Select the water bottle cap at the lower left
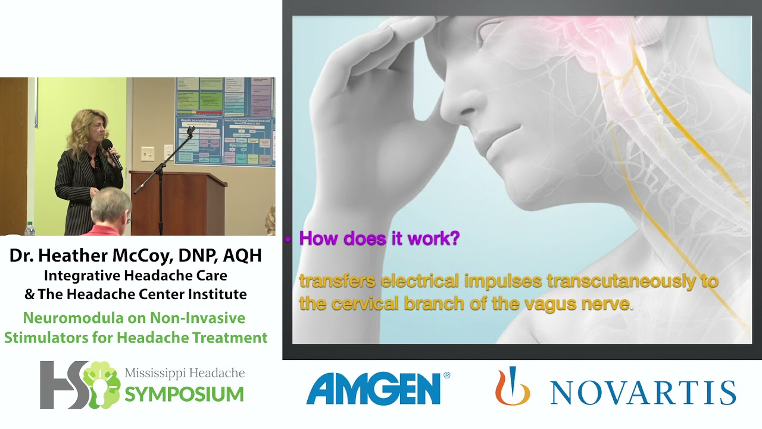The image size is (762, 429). [x=30, y=225]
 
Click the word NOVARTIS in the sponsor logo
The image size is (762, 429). [x=643, y=393]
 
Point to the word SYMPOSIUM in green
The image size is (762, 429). [x=184, y=394]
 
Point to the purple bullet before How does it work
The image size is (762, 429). [x=288, y=240]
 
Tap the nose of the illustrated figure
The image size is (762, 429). [x=455, y=107]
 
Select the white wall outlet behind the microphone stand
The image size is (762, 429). [x=148, y=153]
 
